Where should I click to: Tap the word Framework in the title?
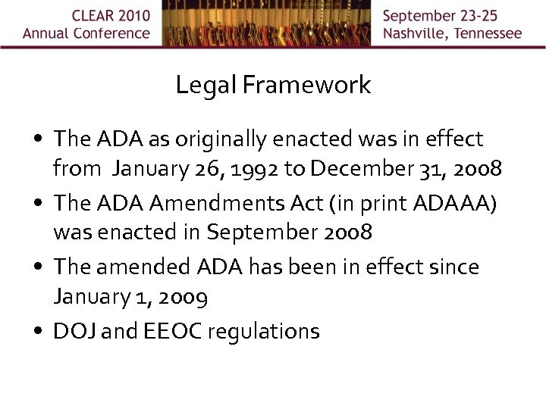(307, 84)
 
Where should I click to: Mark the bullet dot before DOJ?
(37, 332)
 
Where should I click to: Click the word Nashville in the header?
(419, 33)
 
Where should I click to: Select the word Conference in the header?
(111, 33)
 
